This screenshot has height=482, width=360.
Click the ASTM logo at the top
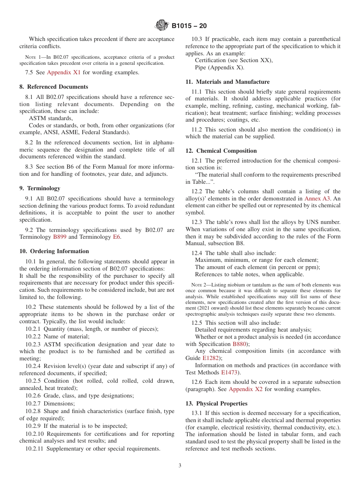pos(162,26)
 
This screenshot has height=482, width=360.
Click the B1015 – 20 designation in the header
pos(189,26)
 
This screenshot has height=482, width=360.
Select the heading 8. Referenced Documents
pos(53,87)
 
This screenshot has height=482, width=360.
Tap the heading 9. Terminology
pos(39,188)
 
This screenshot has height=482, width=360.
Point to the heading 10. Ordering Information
pos(54,251)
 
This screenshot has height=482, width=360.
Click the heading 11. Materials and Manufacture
pos(227,82)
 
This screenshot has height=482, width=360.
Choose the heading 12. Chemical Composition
pos(221,151)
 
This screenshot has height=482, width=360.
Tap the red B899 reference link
pos(59,237)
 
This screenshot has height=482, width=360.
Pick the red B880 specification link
pos(239,344)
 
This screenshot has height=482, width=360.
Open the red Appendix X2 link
pos(246,390)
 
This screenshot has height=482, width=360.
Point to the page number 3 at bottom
pos(180,466)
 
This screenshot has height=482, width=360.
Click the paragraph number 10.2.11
pos(36,449)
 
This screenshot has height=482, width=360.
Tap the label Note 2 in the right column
pos(199,285)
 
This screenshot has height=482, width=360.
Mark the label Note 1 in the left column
pos(37,57)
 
